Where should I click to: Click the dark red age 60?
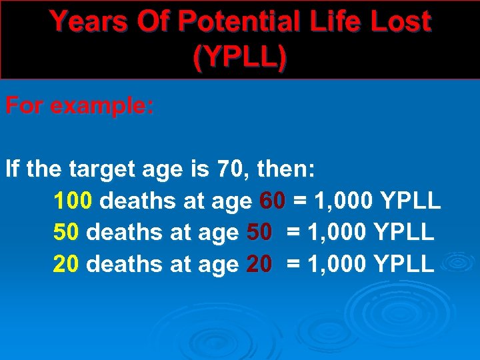coord(273,201)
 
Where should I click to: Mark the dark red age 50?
coord(259,232)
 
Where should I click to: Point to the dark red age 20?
coord(259,264)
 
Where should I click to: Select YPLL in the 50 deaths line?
coord(404,232)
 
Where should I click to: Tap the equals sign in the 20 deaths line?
coord(292,264)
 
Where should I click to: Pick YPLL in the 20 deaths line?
coord(404,264)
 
